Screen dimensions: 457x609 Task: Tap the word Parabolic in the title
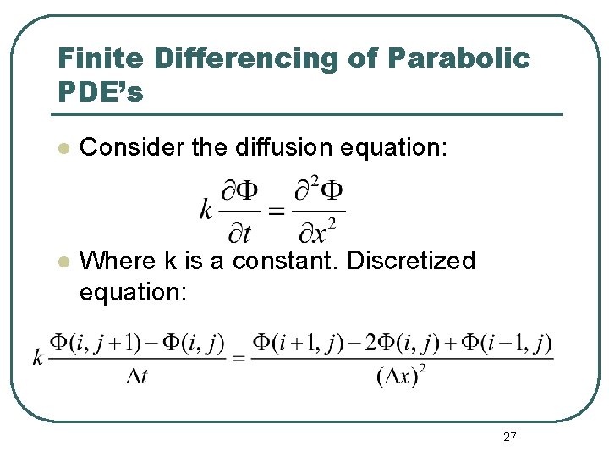[459, 58]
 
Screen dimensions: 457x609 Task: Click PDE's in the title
[100, 91]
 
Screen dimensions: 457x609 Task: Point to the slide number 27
[509, 437]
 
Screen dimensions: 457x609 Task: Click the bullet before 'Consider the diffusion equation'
[61, 148]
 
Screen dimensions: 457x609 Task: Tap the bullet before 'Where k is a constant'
[61, 262]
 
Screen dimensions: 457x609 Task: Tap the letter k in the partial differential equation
[206, 208]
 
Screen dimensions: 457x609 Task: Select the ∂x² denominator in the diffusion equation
[320, 228]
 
